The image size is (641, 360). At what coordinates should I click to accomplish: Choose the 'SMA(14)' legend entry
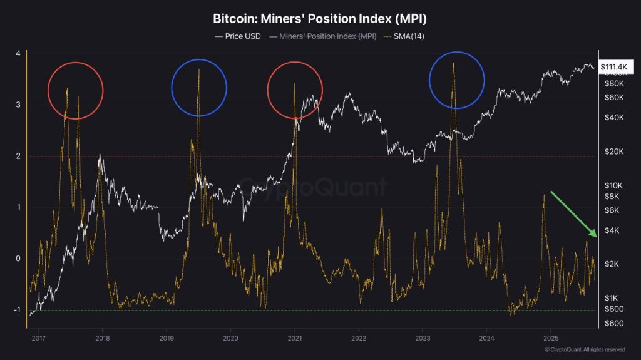tap(408, 36)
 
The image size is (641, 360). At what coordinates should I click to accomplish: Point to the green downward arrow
tap(575, 213)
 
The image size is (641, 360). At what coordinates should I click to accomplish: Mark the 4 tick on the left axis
tap(18, 54)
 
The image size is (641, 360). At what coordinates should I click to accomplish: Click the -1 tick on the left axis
tap(17, 310)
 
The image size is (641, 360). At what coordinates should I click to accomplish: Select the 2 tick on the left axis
tap(18, 157)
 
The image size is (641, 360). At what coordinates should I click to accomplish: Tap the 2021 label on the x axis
tap(294, 338)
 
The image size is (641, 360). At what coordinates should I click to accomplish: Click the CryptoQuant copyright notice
tap(584, 349)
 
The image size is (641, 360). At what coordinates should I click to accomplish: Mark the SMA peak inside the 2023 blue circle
tap(453, 63)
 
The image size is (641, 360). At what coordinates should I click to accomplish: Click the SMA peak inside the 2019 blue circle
tap(198, 69)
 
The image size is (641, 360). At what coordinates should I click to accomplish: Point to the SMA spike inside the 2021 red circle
tap(294, 83)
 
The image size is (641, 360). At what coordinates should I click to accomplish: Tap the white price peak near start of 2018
tap(100, 155)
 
